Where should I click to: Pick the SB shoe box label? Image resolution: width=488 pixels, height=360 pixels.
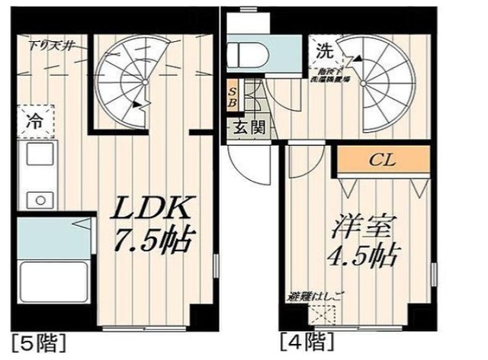pos(233,95)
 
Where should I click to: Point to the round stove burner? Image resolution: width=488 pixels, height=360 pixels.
pos(37,200)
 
